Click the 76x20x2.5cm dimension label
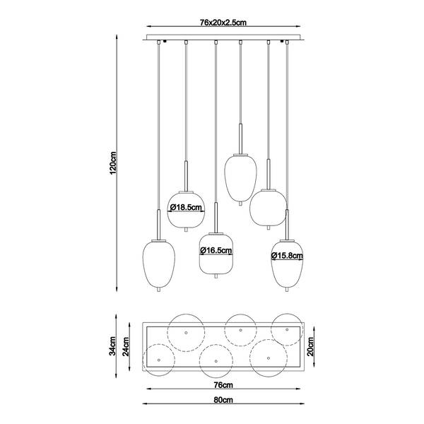223,23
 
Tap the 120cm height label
113,163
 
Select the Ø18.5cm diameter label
186,207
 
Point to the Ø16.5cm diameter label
216,251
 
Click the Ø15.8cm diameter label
287,256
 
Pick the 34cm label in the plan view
113,346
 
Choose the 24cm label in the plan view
126,347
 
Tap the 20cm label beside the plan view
311,346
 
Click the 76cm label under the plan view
223,385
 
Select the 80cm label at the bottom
223,400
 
